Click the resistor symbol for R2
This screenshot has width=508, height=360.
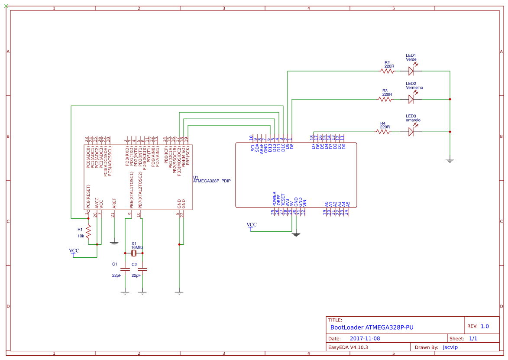point(387,71)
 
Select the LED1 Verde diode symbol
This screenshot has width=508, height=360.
point(411,71)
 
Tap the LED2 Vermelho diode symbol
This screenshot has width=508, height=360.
point(411,99)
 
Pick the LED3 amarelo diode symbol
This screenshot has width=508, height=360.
point(411,132)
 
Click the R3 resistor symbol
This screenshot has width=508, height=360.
point(385,99)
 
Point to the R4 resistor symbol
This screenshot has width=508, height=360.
point(383,132)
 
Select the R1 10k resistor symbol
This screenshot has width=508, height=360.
point(88,233)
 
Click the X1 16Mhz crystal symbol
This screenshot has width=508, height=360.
point(134,253)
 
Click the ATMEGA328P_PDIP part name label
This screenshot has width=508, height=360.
point(212,182)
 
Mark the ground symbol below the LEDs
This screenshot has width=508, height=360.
point(450,161)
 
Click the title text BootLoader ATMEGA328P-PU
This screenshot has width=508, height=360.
point(372,328)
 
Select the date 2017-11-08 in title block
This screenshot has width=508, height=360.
point(365,338)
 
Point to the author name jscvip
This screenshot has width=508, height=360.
point(450,347)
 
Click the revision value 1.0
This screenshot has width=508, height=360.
point(485,326)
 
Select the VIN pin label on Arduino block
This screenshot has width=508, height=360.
point(304,202)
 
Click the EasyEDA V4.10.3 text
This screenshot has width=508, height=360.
point(348,347)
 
